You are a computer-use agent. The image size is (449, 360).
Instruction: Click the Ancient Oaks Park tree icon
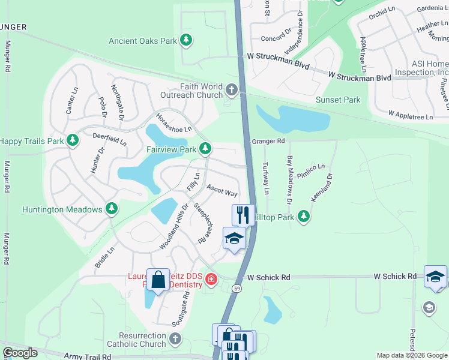(x=187, y=40)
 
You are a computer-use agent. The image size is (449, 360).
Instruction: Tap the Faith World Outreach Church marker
(x=232, y=91)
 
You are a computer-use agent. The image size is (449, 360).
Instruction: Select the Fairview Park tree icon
(x=206, y=148)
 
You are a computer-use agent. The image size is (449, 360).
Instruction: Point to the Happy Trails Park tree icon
(x=73, y=140)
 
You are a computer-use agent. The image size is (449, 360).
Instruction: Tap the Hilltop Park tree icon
(x=304, y=216)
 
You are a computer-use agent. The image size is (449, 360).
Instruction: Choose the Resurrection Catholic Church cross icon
(x=174, y=340)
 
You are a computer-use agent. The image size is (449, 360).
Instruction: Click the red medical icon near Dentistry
(x=211, y=279)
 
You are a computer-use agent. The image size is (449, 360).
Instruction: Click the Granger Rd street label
(x=268, y=141)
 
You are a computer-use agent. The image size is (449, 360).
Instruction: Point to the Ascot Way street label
(x=222, y=191)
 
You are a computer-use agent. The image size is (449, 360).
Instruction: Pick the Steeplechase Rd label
(x=204, y=223)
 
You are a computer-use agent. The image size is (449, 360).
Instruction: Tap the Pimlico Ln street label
(x=313, y=166)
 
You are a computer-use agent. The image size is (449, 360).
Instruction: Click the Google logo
(x=20, y=353)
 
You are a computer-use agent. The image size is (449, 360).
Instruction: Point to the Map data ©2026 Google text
(x=412, y=355)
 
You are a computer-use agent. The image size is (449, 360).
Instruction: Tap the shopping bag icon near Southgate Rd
(x=158, y=280)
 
